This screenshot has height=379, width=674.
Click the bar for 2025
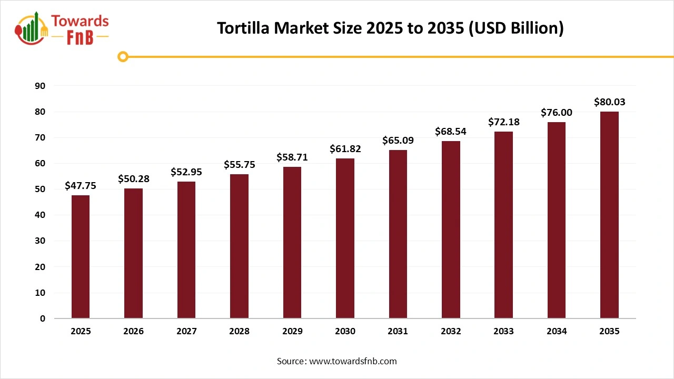[81, 257]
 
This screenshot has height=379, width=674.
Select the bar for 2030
[345, 238]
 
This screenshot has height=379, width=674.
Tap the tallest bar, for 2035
[609, 215]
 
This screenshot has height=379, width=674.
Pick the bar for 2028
[239, 246]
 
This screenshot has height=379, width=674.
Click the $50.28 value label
[134, 179]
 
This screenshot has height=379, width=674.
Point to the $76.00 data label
[557, 113]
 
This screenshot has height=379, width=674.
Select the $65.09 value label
[398, 141]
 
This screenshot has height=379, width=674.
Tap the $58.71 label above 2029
[292, 157]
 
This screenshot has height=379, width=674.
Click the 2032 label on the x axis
[451, 332]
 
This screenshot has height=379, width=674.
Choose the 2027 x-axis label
[186, 332]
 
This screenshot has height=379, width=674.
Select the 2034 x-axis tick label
[557, 332]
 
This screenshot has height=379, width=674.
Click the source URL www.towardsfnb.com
[353, 361]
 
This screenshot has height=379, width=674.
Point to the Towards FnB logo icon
[32, 28]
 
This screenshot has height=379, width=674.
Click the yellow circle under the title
[123, 56]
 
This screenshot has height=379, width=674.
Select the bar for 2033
[503, 225]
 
